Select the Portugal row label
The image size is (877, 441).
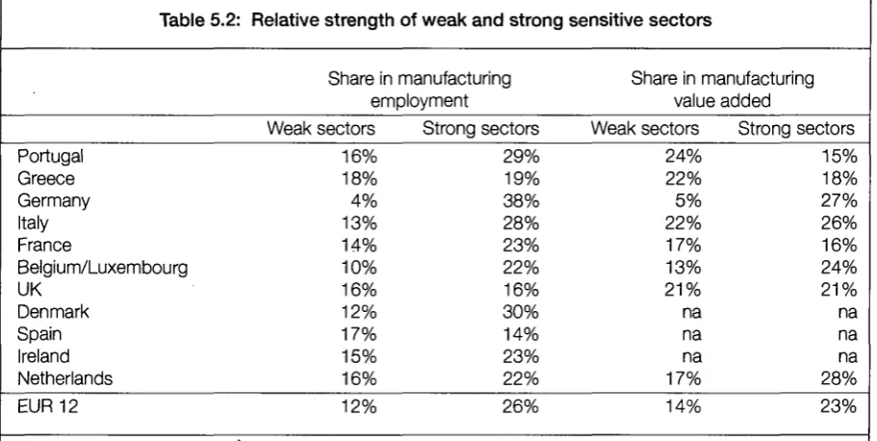(50, 156)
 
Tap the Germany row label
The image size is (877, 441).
(54, 201)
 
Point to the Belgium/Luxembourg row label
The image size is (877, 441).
(102, 268)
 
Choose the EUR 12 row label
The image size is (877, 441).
(47, 405)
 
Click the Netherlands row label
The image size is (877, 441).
(64, 378)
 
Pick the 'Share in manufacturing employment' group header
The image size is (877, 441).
(420, 89)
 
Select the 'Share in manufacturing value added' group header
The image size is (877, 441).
(722, 89)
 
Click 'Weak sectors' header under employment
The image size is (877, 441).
(321, 128)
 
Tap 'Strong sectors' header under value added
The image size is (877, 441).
(796, 128)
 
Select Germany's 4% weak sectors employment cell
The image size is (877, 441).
(364, 201)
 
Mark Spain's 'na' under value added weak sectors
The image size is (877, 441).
(691, 335)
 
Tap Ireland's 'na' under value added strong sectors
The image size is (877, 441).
(847, 357)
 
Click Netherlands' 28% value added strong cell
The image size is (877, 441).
(838, 378)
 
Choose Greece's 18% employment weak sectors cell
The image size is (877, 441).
(360, 178)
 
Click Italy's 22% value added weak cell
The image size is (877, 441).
(683, 223)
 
